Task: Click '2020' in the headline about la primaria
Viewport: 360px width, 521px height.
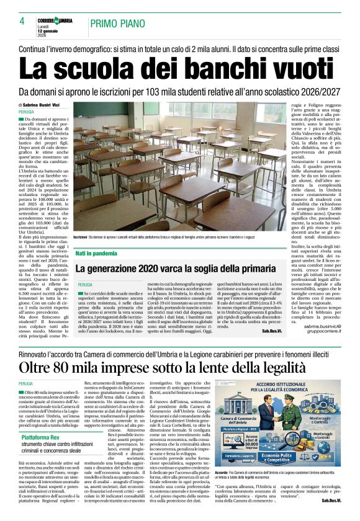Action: pyautogui.click(x=155, y=269)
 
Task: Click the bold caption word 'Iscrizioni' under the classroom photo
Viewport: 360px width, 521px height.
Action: pyautogui.click(x=80, y=238)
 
